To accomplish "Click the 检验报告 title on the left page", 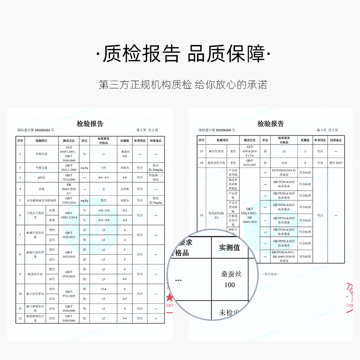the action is (90, 124).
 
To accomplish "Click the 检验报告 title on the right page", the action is (270, 124).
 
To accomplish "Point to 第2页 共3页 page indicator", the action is (147, 130).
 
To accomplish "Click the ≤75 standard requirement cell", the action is (103, 167).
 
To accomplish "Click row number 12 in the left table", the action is (20, 319).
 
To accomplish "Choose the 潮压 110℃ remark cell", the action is (336, 162).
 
